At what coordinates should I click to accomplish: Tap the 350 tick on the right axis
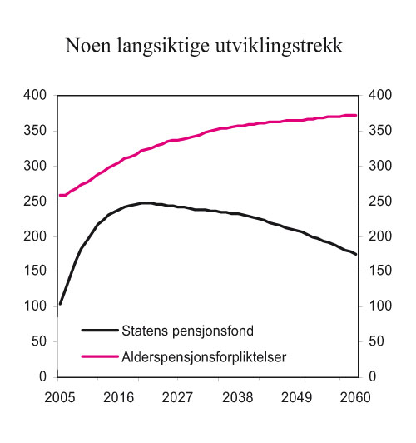(x=379, y=131)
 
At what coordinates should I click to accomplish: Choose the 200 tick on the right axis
(x=379, y=236)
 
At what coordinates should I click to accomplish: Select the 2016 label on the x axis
(x=121, y=396)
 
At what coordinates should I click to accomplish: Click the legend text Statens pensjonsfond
(x=181, y=330)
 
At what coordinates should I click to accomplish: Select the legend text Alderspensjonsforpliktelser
(x=204, y=356)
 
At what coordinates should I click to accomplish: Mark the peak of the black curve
(x=146, y=202)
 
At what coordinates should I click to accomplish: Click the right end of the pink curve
(x=356, y=115)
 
